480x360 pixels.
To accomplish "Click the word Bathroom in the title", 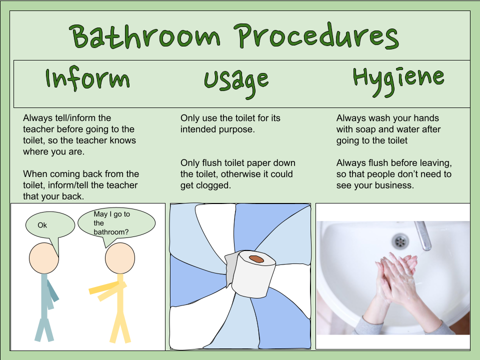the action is (x=144, y=36).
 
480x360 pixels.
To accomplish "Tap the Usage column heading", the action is (x=236, y=82).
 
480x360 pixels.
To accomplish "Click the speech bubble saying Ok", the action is (x=50, y=225).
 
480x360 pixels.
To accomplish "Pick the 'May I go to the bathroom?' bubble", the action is (x=116, y=223).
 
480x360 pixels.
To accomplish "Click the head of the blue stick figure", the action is (x=44, y=258).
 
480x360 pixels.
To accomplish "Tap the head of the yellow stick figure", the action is (x=119, y=258).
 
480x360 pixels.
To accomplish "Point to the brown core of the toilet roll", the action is (x=256, y=259).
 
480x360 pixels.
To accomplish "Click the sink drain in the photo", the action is (x=400, y=241).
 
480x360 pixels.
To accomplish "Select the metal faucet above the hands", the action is (x=423, y=235).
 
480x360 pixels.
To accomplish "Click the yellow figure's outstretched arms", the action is (x=106, y=290).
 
